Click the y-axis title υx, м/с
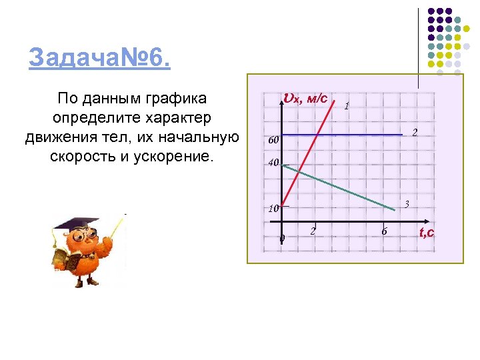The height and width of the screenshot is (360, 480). [305, 99]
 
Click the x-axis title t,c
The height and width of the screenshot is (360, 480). [427, 233]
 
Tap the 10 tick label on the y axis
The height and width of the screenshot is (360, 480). [272, 209]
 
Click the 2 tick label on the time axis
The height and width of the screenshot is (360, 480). [313, 231]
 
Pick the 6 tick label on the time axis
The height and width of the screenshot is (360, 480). [384, 231]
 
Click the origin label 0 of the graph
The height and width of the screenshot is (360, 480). [282, 238]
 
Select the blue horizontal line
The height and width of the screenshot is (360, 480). [347, 135]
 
